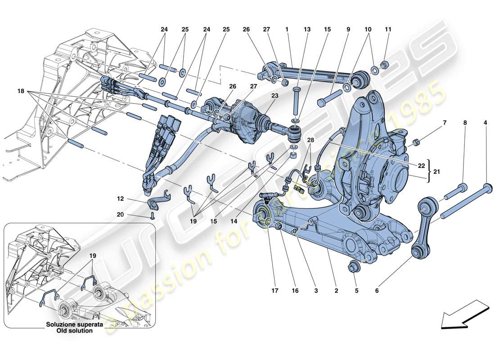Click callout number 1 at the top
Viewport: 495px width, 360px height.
[x=286, y=30]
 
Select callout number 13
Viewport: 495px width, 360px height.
[x=307, y=30]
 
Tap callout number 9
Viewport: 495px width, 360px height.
[x=348, y=30]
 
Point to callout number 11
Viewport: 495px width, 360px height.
[x=388, y=30]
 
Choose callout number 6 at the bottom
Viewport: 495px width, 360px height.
[x=377, y=291]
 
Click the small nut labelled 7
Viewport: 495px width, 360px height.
[x=417, y=143]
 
